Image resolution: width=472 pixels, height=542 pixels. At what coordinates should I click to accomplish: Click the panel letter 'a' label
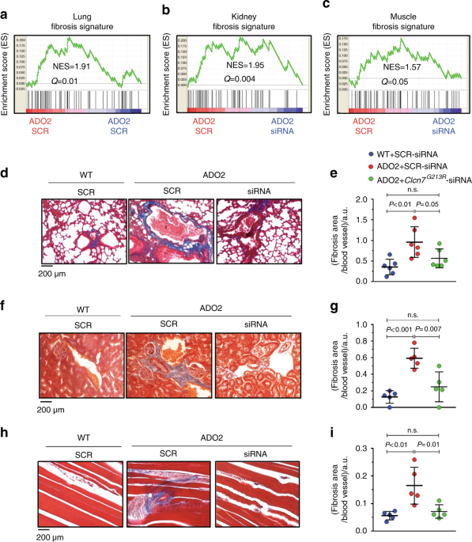point(6,9)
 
